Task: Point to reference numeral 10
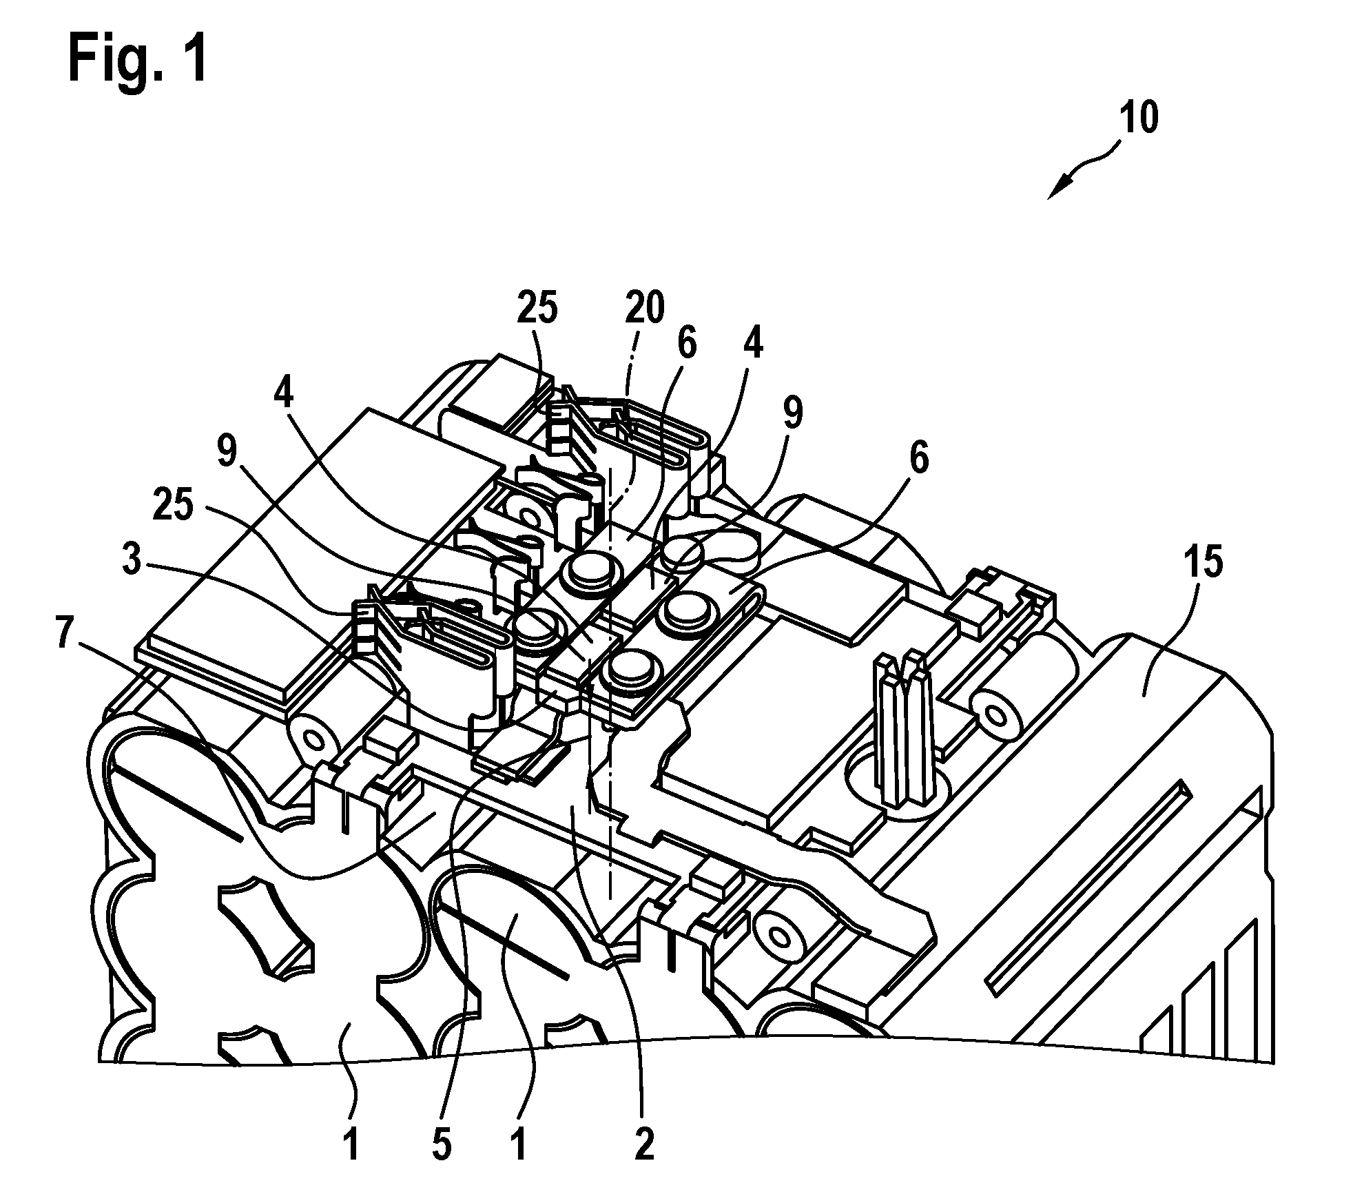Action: (x=1139, y=118)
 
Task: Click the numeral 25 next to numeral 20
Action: (x=538, y=311)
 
